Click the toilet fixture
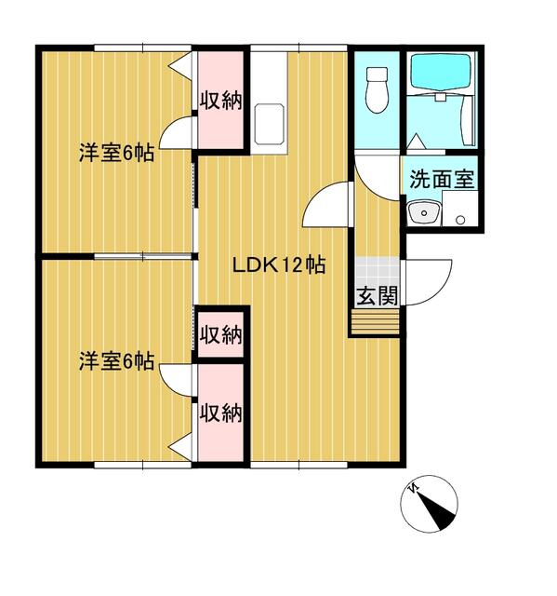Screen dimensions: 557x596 pyautogui.click(x=378, y=89)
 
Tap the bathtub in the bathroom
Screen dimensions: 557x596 pyautogui.click(x=441, y=72)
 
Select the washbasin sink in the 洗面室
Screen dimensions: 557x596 pyautogui.click(x=424, y=213)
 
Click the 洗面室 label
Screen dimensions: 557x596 pyautogui.click(x=442, y=179)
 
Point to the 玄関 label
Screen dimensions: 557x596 pyautogui.click(x=378, y=296)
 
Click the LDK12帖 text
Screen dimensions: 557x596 pyautogui.click(x=279, y=264)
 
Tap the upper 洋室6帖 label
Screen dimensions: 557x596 pyautogui.click(x=116, y=153)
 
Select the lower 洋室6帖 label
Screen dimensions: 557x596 pyautogui.click(x=116, y=361)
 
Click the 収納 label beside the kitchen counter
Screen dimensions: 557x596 pyautogui.click(x=220, y=101)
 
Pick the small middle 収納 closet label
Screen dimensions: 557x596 pyautogui.click(x=220, y=335)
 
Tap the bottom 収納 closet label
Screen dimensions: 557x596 pyautogui.click(x=220, y=413)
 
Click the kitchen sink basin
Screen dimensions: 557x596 pyautogui.click(x=269, y=124)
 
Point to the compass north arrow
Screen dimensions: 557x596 pyautogui.click(x=435, y=511)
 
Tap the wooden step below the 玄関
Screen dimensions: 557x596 pyautogui.click(x=376, y=321)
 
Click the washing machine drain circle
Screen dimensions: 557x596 pyautogui.click(x=460, y=220)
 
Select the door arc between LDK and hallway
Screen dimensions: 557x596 pyautogui.click(x=326, y=205)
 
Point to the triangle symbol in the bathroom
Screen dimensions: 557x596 pyautogui.click(x=416, y=141)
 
